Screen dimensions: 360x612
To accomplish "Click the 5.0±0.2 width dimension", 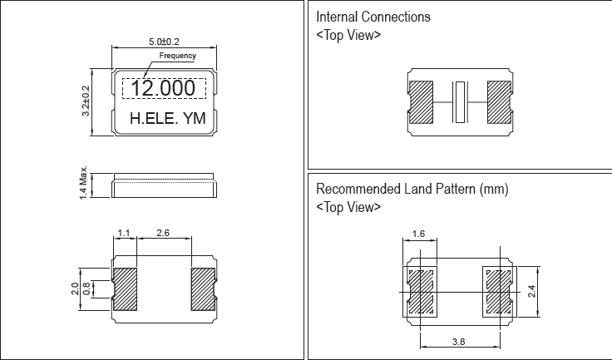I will [x=165, y=40].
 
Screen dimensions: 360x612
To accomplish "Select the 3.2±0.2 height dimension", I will [x=86, y=101].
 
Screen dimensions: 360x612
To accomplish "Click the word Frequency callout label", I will [x=177, y=57].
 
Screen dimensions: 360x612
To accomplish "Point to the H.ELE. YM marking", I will [x=167, y=120].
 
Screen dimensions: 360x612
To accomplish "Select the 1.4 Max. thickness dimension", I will [x=85, y=186].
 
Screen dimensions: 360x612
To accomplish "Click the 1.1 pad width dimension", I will [x=125, y=234].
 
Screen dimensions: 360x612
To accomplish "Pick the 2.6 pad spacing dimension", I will [x=163, y=234].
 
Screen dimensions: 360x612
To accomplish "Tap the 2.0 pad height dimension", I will [x=76, y=288].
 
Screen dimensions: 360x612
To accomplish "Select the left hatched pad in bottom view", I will [x=125, y=288].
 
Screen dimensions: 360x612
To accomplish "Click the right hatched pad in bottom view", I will [x=204, y=288].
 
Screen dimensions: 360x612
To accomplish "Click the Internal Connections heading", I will [x=373, y=17].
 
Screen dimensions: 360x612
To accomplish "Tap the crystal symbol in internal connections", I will [x=460, y=102].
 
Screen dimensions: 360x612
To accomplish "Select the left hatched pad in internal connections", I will [x=422, y=102].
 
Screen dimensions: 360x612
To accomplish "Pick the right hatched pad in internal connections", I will [x=497, y=102].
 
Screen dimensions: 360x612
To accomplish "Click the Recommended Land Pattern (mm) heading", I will [x=412, y=189].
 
